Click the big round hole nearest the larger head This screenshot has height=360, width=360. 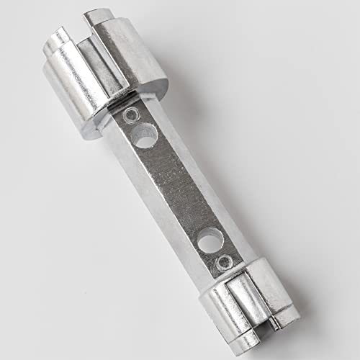tap(145, 135)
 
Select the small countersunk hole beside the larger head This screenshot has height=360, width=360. tap(130, 114)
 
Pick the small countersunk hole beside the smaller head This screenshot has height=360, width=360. tap(226, 261)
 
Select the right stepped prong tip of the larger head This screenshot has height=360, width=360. tap(101, 18)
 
